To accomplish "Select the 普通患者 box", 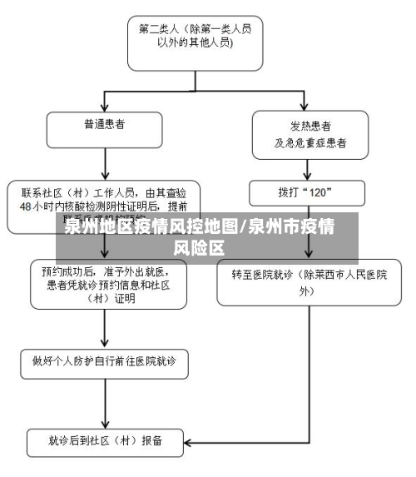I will [x=104, y=129].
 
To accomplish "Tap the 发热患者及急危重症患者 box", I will [x=310, y=135].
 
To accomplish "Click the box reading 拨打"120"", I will [x=306, y=192].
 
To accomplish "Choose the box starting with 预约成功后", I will [x=104, y=284].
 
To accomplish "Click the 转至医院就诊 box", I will [x=310, y=281].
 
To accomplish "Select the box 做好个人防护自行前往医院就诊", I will [x=104, y=362].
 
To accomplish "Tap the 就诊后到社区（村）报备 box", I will [x=104, y=441].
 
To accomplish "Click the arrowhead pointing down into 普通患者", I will [x=104, y=107].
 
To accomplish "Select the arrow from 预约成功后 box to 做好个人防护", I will [x=104, y=329].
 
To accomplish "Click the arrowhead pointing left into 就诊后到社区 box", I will [x=189, y=441].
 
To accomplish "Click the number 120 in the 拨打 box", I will [x=320, y=192].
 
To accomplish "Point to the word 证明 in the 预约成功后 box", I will [x=125, y=297].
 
